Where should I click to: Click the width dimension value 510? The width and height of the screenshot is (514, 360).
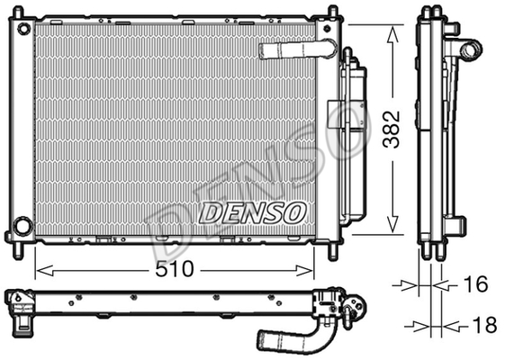click(176, 268)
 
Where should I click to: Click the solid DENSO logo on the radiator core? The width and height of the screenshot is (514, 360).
click(252, 212)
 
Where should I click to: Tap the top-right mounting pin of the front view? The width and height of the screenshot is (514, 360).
click(330, 12)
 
